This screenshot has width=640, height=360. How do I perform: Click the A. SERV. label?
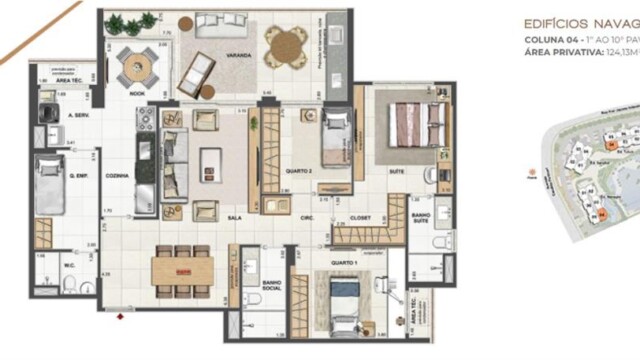click(81, 116)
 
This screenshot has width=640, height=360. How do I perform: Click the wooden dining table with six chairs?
click(184, 268)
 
